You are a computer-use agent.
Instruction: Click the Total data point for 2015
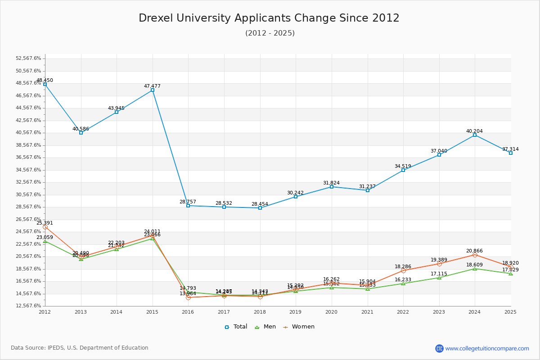coord(153,90)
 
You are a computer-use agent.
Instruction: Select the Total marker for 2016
coord(188,206)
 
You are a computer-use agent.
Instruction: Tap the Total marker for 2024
coord(475,135)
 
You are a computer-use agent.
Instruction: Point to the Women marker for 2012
coord(45,227)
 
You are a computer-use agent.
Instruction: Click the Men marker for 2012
coord(45,241)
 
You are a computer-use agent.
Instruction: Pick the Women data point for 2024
coord(475,255)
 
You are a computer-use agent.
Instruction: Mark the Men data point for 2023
coord(439,278)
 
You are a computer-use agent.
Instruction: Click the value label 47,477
coord(152,86)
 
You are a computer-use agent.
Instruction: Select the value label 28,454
coord(260,204)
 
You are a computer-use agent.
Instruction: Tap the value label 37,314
coord(510,149)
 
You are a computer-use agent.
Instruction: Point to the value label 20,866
coord(474,251)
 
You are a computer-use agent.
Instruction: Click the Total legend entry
coord(236,327)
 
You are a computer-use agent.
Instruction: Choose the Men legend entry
coord(266,327)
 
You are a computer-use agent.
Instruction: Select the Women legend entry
coord(299,327)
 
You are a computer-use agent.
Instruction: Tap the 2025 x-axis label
coord(510,311)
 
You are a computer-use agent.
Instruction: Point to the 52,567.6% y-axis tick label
coord(28,58)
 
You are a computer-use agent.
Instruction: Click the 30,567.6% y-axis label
coord(28,194)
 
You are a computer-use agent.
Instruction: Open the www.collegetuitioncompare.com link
coord(487,348)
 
